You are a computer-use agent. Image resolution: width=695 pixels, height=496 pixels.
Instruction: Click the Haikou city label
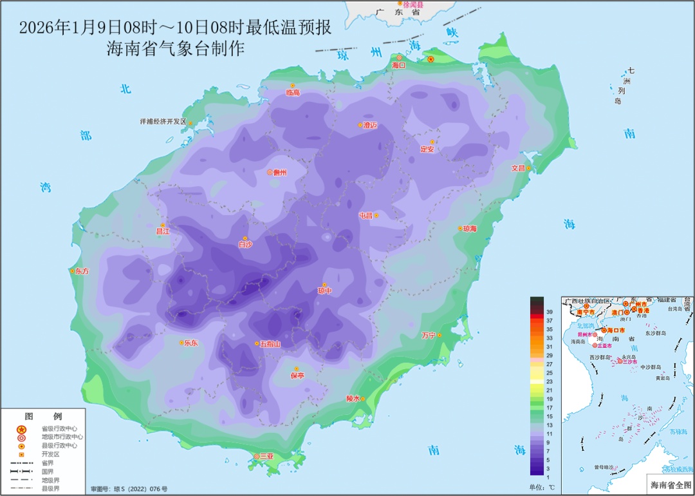point(399,66)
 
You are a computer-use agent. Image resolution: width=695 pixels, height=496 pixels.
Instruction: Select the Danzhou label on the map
point(279,173)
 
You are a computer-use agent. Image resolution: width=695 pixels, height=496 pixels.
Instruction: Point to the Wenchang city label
point(518,168)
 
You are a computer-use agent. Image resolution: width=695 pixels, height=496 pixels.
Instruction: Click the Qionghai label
point(469,229)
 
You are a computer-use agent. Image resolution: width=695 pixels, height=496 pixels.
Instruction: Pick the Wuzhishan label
point(270,344)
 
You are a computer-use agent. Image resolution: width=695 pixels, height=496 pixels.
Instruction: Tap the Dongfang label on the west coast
point(82,272)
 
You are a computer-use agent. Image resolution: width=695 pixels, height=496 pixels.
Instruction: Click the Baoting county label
point(297,376)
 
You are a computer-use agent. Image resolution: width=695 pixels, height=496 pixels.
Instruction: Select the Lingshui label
point(353,399)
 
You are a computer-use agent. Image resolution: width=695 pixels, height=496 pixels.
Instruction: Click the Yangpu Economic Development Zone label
point(162,122)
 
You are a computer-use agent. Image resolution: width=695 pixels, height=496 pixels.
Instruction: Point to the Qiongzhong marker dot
point(324,285)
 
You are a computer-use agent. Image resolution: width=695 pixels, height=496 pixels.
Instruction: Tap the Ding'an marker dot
point(432,142)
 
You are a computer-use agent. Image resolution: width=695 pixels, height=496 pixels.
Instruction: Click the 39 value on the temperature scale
point(550,312)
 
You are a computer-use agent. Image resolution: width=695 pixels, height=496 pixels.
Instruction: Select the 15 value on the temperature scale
point(550,416)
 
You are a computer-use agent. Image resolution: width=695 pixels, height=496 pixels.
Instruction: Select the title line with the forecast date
point(175,28)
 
